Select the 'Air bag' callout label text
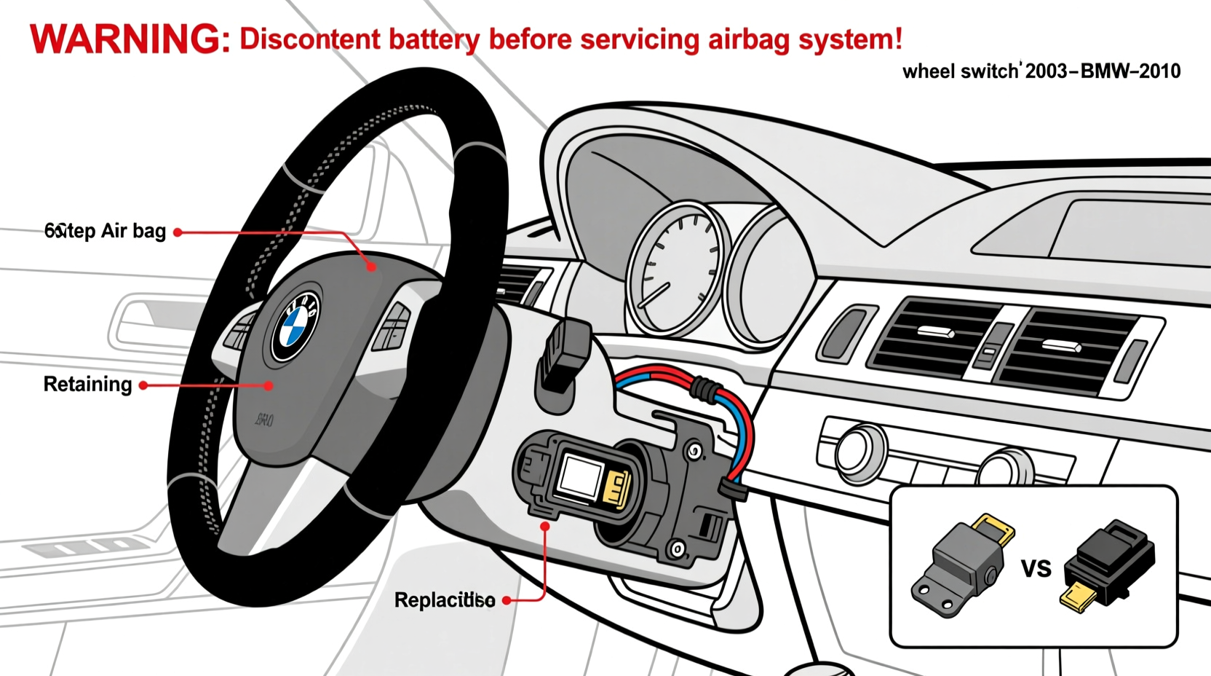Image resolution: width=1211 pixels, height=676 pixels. (x=133, y=232)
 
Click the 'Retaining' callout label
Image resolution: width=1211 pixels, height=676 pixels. (x=87, y=385)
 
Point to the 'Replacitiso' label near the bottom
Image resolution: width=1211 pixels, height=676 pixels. (x=444, y=600)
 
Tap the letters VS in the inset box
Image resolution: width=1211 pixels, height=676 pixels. (x=1036, y=568)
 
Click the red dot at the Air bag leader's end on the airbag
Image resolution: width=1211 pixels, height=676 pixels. (x=371, y=267)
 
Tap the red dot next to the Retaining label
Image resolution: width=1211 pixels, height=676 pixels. (x=143, y=385)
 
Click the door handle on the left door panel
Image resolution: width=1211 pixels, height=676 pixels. (x=146, y=321)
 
